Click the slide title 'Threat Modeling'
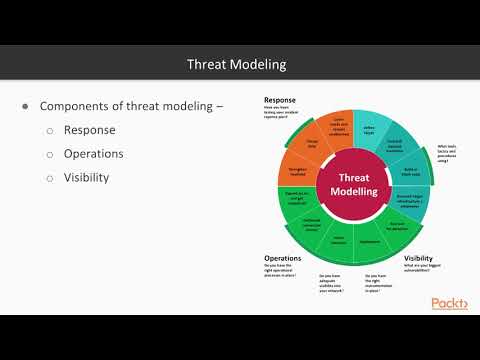[237, 64]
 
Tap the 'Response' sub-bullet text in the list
[89, 130]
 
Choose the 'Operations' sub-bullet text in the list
[94, 154]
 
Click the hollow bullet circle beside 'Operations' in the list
[50, 154]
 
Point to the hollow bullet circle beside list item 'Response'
[50, 130]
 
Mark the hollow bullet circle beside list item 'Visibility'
[50, 178]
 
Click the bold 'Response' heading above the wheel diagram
[280, 100]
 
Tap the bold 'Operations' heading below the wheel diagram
[284, 257]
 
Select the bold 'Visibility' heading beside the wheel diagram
[419, 257]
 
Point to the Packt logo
[449, 303]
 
